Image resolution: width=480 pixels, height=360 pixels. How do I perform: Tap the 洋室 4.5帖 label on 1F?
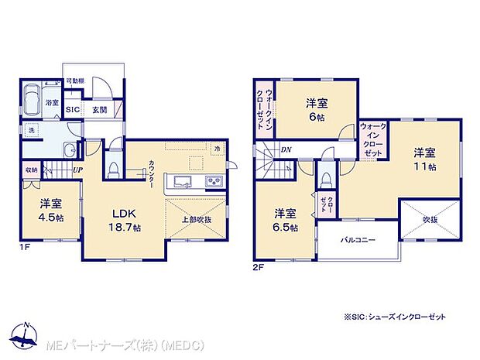pos(52,211)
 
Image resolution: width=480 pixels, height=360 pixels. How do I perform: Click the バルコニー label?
pos(358,240)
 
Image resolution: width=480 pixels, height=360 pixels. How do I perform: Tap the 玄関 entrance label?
pos(100,110)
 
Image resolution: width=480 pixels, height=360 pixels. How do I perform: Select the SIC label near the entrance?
pos(72,110)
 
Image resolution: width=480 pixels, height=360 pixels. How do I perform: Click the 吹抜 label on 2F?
pos(430,220)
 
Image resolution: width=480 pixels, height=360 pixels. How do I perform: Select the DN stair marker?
pos(285,149)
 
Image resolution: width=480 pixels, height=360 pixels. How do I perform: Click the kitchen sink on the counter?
pos(183,182)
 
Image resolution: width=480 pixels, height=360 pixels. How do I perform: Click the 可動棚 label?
pos(75,81)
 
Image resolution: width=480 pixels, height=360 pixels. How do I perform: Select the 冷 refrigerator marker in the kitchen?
pos(218,149)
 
